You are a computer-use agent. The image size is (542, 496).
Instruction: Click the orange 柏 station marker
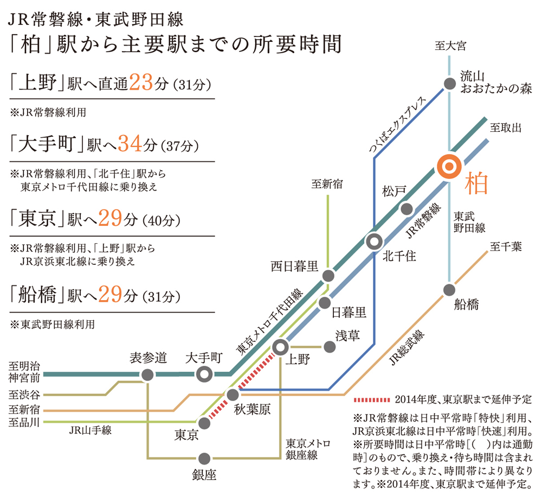(x=449, y=167)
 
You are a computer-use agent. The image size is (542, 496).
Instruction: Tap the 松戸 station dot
(x=406, y=209)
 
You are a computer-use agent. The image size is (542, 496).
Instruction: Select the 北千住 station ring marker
(x=374, y=241)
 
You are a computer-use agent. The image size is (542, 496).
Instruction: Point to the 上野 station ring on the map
(x=280, y=347)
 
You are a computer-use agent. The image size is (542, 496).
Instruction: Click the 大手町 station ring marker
(x=204, y=374)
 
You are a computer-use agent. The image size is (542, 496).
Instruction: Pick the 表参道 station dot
(x=147, y=374)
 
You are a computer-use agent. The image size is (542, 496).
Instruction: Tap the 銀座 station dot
(x=204, y=458)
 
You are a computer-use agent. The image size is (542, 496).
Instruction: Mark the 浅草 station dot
(x=330, y=347)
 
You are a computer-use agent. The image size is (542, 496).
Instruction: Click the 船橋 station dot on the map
(x=449, y=290)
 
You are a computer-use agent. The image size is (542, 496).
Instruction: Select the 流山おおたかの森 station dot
(x=449, y=84)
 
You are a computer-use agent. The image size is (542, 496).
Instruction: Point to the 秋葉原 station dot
(x=233, y=394)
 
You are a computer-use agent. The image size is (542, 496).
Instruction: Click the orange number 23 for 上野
(x=141, y=82)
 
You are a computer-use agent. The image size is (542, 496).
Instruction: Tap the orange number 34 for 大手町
(x=130, y=144)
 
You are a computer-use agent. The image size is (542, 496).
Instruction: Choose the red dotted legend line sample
(x=372, y=400)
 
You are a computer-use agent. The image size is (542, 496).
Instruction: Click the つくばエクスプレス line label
(x=397, y=125)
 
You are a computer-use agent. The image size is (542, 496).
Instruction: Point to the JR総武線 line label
(x=407, y=347)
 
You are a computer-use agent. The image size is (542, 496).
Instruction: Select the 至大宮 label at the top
(x=450, y=46)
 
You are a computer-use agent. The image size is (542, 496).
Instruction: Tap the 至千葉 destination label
(x=506, y=247)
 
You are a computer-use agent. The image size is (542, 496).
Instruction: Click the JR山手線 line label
(x=90, y=430)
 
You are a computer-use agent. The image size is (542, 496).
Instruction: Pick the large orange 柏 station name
(x=476, y=183)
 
